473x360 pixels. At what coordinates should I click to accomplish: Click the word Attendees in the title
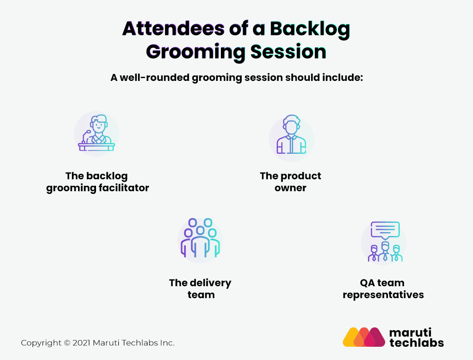(174, 29)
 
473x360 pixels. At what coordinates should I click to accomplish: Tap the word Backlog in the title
(310, 30)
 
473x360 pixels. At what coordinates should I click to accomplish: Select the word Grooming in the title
(195, 53)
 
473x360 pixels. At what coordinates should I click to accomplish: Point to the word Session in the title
(289, 52)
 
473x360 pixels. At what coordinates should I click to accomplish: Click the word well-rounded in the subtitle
(155, 78)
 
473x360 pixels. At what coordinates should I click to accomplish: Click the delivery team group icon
(200, 238)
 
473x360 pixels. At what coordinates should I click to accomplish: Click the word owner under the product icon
(290, 188)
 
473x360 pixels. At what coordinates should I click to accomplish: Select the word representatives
(383, 295)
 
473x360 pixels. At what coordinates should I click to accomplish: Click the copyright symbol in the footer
(67, 343)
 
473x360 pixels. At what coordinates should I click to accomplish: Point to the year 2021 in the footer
(81, 343)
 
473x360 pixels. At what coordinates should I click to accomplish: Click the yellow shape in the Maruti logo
(350, 337)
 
